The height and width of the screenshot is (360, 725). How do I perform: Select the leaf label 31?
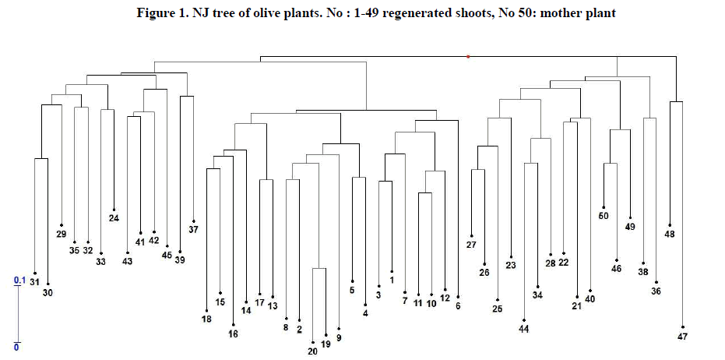click(x=34, y=282)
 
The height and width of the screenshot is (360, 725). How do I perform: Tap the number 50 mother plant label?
click(x=603, y=216)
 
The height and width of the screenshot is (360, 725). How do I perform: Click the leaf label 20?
click(x=312, y=351)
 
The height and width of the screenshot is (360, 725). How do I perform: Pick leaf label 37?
click(x=193, y=230)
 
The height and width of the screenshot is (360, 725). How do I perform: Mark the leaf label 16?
click(x=233, y=334)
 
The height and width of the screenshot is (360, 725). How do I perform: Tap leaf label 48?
click(x=670, y=234)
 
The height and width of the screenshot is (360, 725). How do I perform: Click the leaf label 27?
click(x=471, y=245)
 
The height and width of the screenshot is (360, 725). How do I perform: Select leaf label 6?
click(x=458, y=305)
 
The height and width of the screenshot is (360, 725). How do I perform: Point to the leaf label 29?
click(x=62, y=234)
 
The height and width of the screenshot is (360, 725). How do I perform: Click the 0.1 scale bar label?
click(x=19, y=281)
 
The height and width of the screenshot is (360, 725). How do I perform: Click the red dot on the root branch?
click(x=467, y=56)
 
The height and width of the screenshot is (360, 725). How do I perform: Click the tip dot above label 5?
click(x=352, y=281)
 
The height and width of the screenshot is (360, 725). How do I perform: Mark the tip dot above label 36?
click(x=656, y=282)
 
